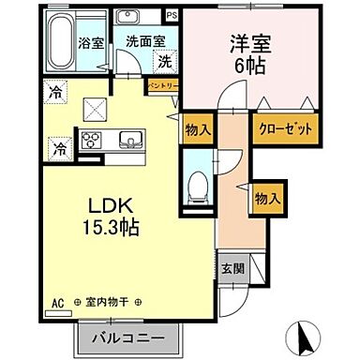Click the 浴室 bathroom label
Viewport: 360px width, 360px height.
coord(90,42)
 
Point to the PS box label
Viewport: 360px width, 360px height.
coord(171,16)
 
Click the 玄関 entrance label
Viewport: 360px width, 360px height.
coord(232,265)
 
